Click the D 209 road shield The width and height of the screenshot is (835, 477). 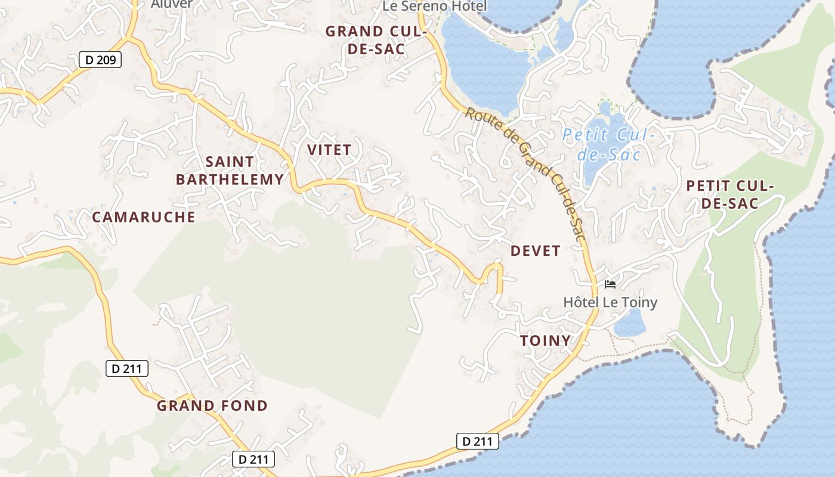click(100, 60)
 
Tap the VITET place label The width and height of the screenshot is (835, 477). click(329, 150)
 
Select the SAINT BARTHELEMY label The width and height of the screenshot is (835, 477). click(230, 171)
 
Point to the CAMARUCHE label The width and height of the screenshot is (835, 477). click(144, 217)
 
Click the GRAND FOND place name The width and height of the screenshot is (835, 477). click(212, 406)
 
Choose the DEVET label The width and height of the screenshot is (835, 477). click(536, 251)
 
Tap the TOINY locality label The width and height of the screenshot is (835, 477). click(545, 341)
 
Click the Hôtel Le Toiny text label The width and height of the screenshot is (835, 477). click(610, 302)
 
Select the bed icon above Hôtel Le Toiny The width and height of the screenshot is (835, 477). click(610, 284)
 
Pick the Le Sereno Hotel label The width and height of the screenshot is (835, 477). click(435, 6)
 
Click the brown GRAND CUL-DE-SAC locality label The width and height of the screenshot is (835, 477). click(376, 40)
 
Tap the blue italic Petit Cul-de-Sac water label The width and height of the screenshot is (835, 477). click(608, 145)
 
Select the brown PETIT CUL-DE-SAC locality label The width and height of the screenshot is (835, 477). click(729, 194)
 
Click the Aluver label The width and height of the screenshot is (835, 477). click(172, 4)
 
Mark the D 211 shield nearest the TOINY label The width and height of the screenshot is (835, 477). click(477, 441)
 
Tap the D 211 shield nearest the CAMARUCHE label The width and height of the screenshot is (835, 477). click(127, 368)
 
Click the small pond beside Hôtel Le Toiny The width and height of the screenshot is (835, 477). click(630, 324)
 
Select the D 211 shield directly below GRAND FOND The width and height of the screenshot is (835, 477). click(253, 459)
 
